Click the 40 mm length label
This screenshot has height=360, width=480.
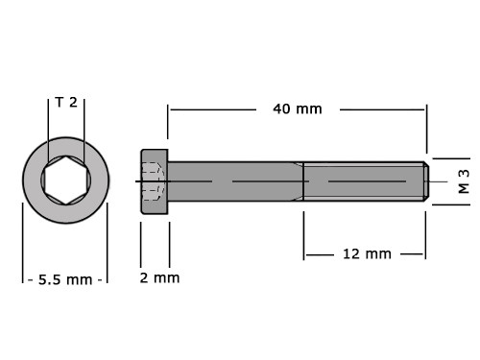point(298,109)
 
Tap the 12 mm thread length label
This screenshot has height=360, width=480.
point(367,254)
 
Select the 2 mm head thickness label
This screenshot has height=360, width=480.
point(159,277)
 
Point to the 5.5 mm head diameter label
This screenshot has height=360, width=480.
point(65,280)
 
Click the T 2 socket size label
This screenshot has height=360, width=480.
point(66,103)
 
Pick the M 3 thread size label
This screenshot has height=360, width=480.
point(464,181)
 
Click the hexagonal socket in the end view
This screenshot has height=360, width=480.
point(66,180)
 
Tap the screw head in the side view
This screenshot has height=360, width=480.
point(155,181)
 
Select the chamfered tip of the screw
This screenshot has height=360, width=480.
point(426,181)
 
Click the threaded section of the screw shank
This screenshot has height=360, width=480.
point(364,181)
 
